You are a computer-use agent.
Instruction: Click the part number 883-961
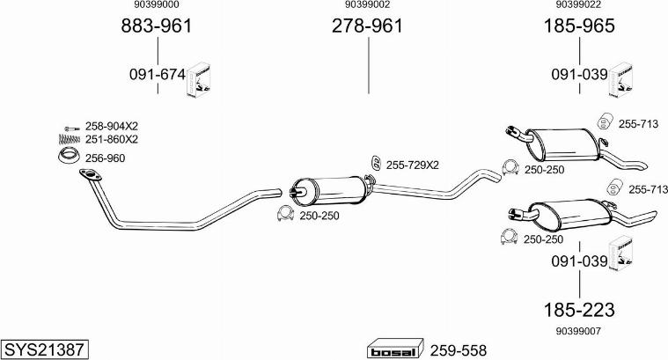coord(156,26)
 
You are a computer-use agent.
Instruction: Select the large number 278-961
coord(367,26)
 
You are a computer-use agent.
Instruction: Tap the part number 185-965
coord(579,26)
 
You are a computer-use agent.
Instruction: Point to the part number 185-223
coord(579,309)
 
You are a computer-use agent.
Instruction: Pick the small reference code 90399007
coord(579,331)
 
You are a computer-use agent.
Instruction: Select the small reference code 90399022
coord(579,5)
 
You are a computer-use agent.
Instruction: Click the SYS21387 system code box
coord(44,349)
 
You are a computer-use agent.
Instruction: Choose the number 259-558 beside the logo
coord(458,349)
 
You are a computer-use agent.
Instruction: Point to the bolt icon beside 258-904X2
coord(71,127)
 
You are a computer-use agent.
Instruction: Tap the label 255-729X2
coord(412,165)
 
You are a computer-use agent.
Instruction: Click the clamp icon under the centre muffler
coord(285,214)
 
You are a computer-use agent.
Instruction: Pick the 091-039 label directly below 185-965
coord(580,76)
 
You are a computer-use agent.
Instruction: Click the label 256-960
coord(106,158)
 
